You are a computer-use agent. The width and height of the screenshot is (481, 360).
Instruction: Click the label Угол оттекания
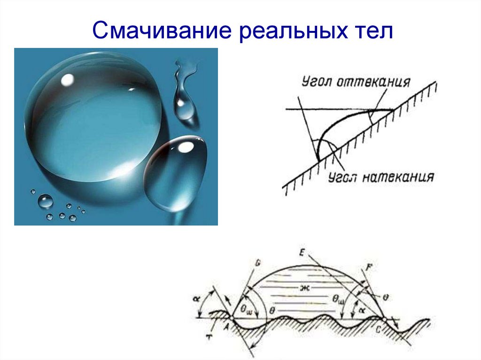coord(356,83)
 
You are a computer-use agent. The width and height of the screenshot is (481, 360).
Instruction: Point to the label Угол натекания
coord(380,177)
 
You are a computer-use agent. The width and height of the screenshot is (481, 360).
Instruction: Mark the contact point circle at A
coord(232,318)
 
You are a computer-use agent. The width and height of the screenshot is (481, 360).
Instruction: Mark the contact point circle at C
coord(385,319)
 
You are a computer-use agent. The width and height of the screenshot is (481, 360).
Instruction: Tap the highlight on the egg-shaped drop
coord(186,147)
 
